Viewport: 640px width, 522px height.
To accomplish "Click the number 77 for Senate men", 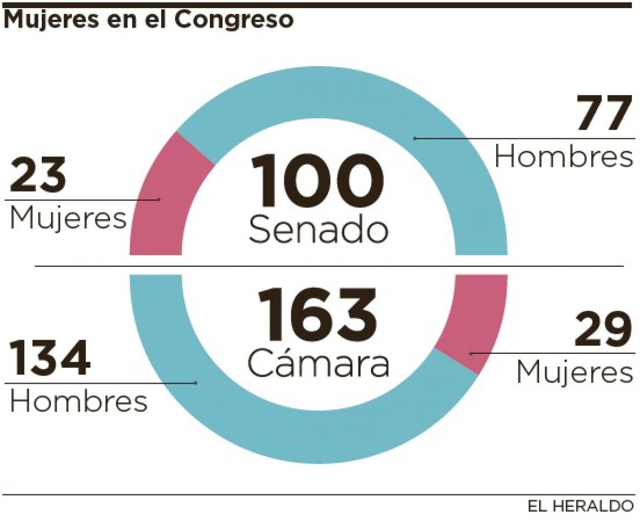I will click(604, 113).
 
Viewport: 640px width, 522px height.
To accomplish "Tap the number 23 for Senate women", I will click(38, 176).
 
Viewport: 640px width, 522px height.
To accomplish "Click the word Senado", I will click(318, 230).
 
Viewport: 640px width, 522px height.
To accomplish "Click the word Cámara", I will click(318, 364).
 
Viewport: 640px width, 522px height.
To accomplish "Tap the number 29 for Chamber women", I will click(603, 330).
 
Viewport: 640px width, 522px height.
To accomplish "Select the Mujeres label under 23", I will click(68, 219).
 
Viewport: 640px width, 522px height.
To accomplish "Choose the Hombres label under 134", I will click(79, 402).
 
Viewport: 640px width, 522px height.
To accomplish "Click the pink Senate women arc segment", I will click(163, 201).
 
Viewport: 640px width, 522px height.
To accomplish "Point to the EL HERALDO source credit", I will click(580, 507).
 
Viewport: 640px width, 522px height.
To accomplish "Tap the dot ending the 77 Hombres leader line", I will click(415, 139).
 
